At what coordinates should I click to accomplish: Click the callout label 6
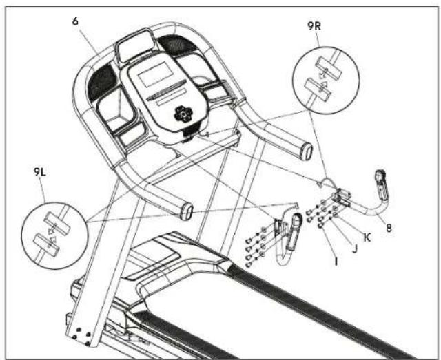click(x=75, y=21)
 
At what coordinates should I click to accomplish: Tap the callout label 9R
click(x=314, y=26)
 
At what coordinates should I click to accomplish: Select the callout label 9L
click(x=40, y=172)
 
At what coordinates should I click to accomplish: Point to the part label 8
click(x=389, y=228)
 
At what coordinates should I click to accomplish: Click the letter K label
click(x=367, y=237)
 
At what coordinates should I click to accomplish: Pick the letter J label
click(x=355, y=248)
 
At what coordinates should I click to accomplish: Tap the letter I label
click(x=336, y=262)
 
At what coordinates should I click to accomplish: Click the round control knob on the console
click(x=183, y=114)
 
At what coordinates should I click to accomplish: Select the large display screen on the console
click(x=154, y=74)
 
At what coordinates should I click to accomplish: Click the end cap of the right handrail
click(x=307, y=151)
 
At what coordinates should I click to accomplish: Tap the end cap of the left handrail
click(x=187, y=211)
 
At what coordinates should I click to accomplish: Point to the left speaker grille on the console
click(x=102, y=82)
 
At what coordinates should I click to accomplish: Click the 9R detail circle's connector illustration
click(x=323, y=79)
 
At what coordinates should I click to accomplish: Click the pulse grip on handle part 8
click(x=381, y=184)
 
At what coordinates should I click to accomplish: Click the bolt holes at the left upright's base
click(x=82, y=337)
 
